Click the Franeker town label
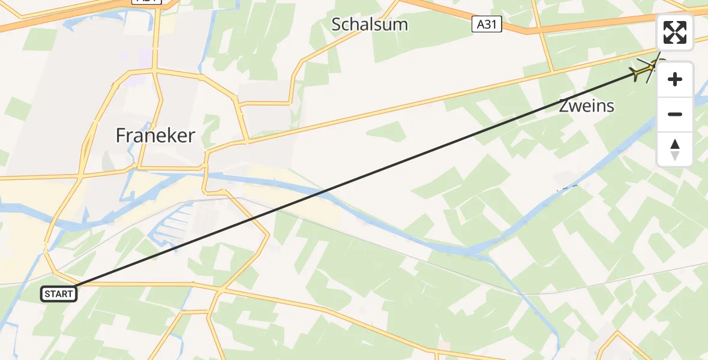point(155,136)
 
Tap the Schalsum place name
point(370,25)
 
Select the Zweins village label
point(586,106)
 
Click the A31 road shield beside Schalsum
point(486,25)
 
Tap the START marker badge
point(59,294)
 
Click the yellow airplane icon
point(643,72)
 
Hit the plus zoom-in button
point(675,79)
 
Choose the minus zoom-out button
point(675,114)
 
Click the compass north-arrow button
point(675,149)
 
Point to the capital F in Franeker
point(121,136)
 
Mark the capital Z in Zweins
point(564,106)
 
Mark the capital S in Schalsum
point(337,25)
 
